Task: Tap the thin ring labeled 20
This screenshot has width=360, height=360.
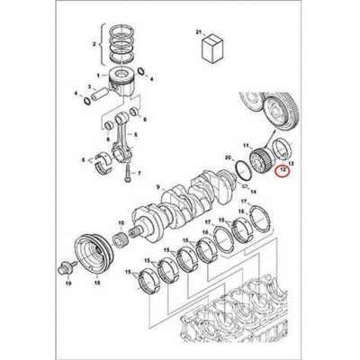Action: pos(241,167)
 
